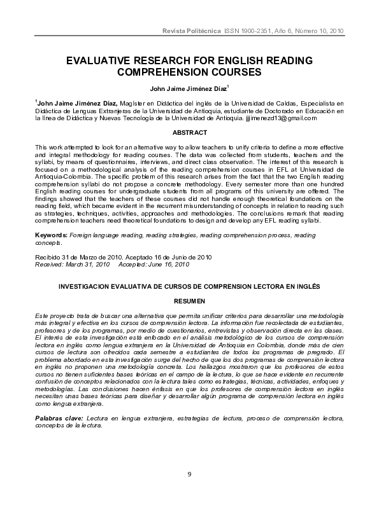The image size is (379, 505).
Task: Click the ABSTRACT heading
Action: [190, 132]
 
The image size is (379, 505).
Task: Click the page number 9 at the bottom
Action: [189, 474]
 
